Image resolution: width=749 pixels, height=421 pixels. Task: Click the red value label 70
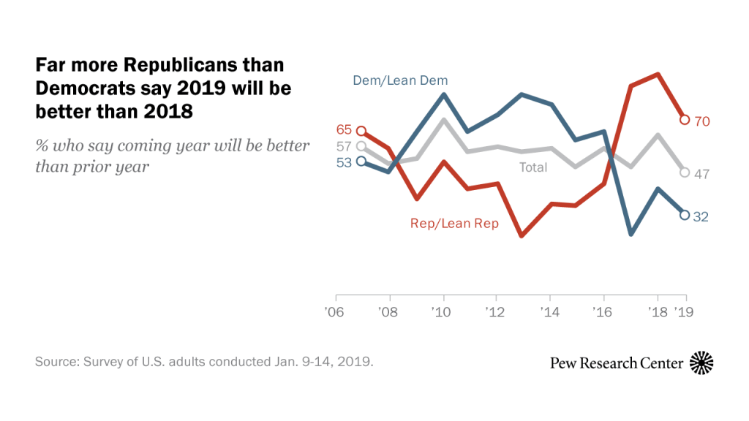[702, 121]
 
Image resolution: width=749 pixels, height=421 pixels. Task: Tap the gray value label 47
[702, 174]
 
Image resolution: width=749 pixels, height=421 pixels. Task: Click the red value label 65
[344, 130]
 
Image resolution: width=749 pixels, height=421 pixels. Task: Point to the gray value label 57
[344, 146]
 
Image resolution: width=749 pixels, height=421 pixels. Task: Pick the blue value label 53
[344, 162]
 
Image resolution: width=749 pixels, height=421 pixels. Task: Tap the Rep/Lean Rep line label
[454, 224]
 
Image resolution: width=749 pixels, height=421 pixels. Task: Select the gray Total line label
[533, 167]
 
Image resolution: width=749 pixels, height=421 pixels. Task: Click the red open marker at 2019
[685, 120]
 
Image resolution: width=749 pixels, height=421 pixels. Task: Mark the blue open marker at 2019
[685, 215]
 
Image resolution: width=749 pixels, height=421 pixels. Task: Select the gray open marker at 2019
[685, 172]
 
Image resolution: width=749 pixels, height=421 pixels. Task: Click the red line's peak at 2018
[658, 74]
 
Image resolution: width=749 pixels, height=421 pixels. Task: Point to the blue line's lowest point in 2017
[631, 234]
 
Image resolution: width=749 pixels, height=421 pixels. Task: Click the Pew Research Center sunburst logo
[701, 363]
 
